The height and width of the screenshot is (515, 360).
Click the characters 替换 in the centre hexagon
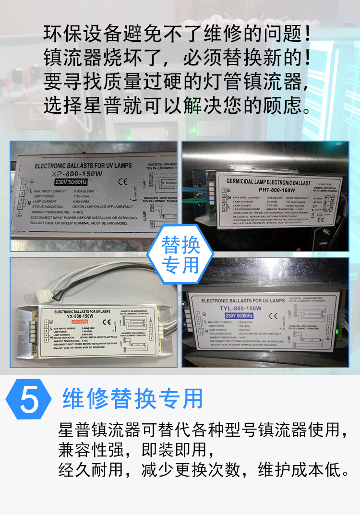point(180,246)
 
